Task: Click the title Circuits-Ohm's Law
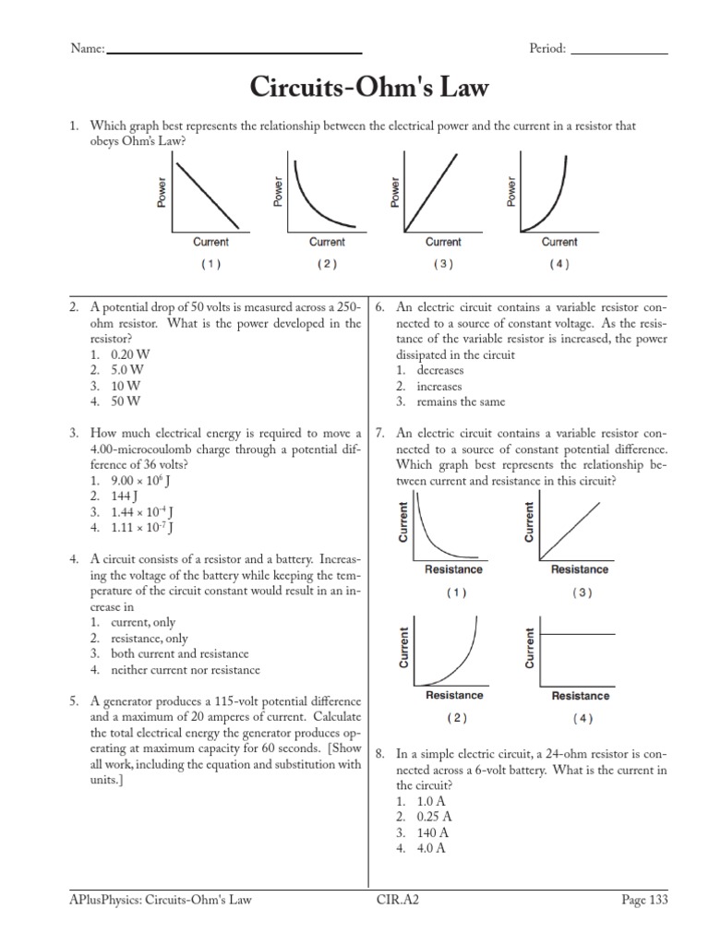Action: tap(369, 89)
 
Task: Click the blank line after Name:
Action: tap(234, 52)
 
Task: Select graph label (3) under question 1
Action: tap(443, 264)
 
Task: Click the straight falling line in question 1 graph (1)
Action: tap(208, 192)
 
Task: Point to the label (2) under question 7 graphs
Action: tap(454, 718)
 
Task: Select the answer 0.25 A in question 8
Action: tap(434, 817)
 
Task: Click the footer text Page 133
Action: tap(643, 900)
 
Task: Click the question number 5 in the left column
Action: tap(73, 701)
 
